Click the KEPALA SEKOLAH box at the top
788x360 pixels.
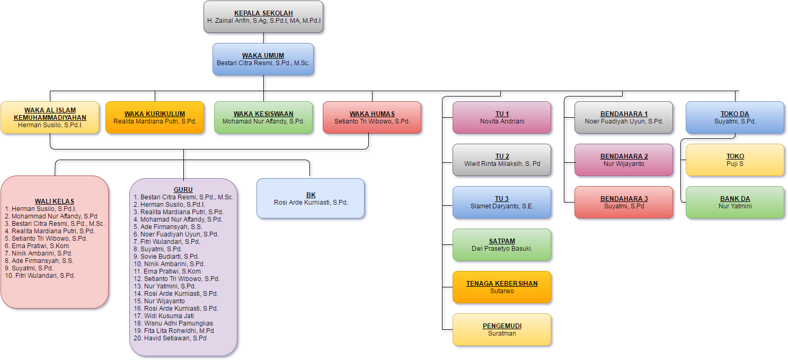click(263, 17)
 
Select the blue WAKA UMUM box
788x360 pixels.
click(263, 59)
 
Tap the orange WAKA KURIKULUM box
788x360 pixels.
click(155, 117)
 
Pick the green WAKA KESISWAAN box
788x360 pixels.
click(263, 117)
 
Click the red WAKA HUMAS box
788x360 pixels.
click(372, 117)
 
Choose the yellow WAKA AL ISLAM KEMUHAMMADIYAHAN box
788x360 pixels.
click(50, 117)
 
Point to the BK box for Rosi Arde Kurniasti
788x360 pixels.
click(311, 198)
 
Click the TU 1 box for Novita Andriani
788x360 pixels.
click(502, 117)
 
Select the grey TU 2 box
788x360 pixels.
click(502, 160)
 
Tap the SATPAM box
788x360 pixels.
click(502, 244)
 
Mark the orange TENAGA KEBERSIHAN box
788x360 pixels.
click(502, 287)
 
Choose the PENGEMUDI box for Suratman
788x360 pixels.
click(502, 329)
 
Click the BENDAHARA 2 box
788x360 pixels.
click(624, 160)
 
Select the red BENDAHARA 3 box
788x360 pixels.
click(624, 202)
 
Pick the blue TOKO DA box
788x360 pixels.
click(735, 117)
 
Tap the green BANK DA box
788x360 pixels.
click(735, 202)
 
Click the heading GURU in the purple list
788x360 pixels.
click(183, 190)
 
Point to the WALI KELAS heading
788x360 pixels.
click(55, 201)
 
